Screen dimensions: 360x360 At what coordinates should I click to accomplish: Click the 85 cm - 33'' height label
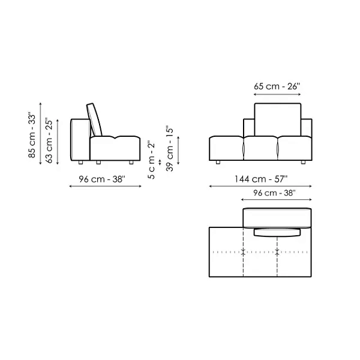pyautogui.click(x=32, y=135)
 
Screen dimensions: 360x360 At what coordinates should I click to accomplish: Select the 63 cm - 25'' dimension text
pyautogui.click(x=49, y=140)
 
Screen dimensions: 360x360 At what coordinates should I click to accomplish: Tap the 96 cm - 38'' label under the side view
pyautogui.click(x=102, y=179)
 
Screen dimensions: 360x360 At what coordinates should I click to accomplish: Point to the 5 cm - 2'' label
pyautogui.click(x=152, y=161)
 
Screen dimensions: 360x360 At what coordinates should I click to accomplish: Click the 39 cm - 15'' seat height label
pyautogui.click(x=170, y=149)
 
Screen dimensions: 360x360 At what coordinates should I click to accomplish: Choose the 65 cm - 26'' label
pyautogui.click(x=277, y=86)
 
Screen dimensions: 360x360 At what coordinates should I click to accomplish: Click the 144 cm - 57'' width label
pyautogui.click(x=260, y=179)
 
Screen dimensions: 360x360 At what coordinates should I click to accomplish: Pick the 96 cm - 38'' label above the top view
pyautogui.click(x=274, y=193)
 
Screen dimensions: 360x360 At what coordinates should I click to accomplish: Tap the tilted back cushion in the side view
pyautogui.click(x=94, y=119)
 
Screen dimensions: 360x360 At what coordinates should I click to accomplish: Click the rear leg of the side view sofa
pyautogui.click(x=80, y=163)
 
